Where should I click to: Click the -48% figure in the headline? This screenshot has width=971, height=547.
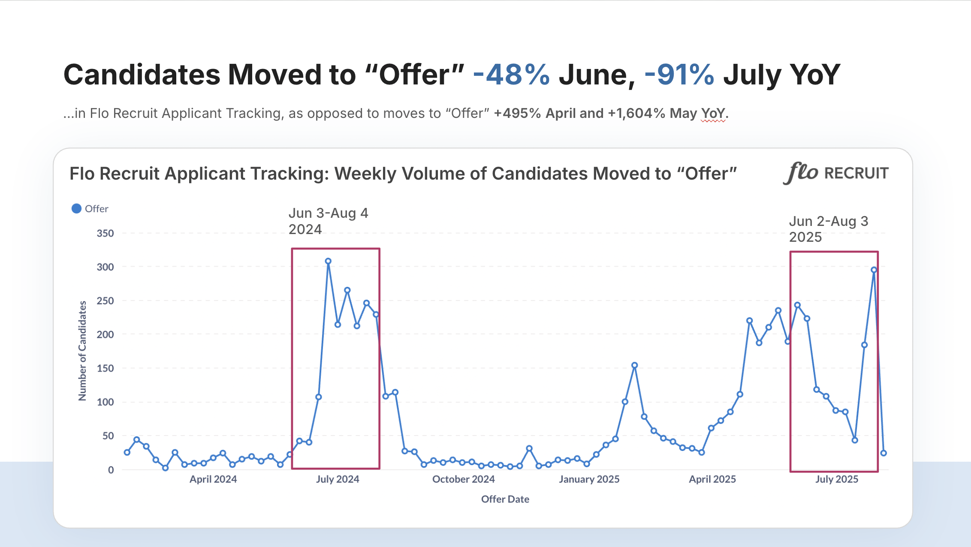511,75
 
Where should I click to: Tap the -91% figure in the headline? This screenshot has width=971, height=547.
679,75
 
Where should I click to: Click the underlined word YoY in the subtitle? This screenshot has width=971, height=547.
713,114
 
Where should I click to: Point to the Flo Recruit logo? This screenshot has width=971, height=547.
835,173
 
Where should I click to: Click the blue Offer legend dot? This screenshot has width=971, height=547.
76,209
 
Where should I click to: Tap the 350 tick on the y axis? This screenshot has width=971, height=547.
105,234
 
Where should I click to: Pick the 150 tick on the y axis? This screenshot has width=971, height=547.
105,369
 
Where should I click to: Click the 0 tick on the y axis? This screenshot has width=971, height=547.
111,470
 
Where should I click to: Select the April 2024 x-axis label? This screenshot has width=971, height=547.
213,479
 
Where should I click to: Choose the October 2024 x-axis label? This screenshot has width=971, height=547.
463,479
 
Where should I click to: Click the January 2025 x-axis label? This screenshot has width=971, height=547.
589,479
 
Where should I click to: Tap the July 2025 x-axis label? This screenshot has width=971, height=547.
836,479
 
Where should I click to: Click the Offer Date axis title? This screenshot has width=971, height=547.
505,499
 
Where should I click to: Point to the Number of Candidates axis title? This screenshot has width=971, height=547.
82,351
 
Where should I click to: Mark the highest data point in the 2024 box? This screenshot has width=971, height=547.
328,261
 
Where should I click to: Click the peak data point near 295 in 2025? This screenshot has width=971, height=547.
874,270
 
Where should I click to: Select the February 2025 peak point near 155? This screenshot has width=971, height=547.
634,365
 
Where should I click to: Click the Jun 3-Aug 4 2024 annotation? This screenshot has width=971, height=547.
328,221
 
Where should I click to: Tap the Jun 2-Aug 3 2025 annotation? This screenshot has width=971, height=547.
828,229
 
